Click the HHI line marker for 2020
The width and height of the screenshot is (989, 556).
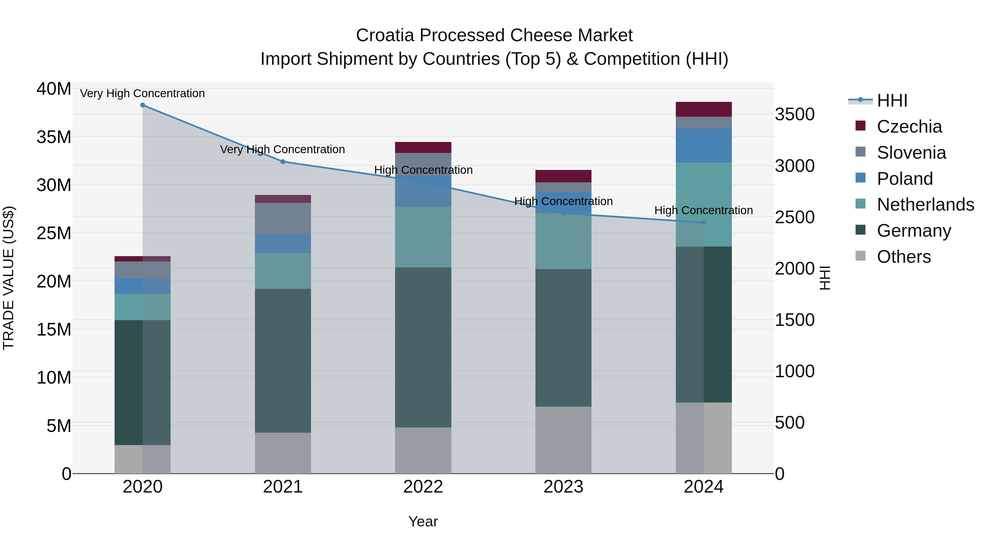142,105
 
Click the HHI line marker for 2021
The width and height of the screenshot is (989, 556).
283,161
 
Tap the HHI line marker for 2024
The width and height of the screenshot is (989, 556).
704,223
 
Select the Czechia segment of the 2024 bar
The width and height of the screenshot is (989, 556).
704,109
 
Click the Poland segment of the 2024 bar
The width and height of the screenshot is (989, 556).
704,146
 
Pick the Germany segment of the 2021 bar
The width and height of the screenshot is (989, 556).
283,361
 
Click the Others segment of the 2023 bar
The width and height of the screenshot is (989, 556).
563,440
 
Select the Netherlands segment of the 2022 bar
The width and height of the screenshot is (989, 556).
423,237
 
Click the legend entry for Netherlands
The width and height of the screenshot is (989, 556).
925,205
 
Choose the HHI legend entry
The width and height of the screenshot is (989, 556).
892,100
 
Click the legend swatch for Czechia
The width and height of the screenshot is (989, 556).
860,126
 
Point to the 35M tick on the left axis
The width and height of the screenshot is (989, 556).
54,137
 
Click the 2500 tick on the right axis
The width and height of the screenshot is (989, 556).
794,217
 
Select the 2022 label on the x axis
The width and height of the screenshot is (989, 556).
423,487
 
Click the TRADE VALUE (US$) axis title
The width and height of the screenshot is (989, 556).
9,278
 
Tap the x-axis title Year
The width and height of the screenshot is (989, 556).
423,521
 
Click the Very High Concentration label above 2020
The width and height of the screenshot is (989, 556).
142,93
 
